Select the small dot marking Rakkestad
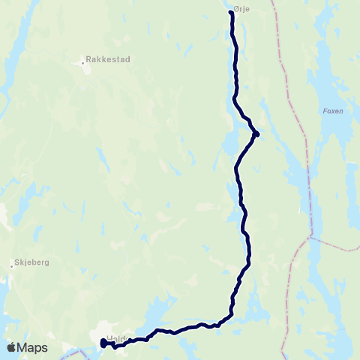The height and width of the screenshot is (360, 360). pos(82,63)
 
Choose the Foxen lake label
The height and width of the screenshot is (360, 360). pos(332,111)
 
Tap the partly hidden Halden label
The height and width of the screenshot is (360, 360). pos(115,338)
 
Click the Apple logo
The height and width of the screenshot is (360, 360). pos(11,347)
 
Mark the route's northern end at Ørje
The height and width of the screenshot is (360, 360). pos(230,13)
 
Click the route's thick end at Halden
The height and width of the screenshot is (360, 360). pos(103,343)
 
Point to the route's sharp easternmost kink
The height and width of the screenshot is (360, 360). pos(256,134)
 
